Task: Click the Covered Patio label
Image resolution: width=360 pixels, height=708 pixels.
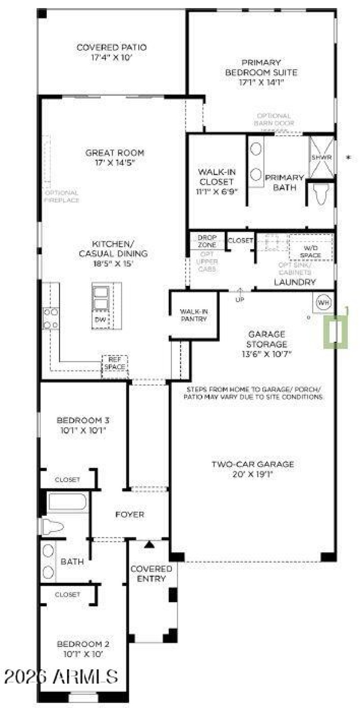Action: coord(112,47)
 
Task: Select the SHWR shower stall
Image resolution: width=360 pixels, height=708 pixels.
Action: coord(321,157)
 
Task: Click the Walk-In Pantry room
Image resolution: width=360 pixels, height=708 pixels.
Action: coord(193,315)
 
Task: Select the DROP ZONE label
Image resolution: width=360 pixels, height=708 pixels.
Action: coord(207,241)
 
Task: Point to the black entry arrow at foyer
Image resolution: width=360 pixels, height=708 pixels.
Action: coord(149,544)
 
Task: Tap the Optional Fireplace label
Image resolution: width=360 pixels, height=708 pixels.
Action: coord(62,196)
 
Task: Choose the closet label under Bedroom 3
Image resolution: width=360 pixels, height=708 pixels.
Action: coord(67,480)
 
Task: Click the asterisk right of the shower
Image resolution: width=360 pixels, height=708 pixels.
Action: coord(348,158)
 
